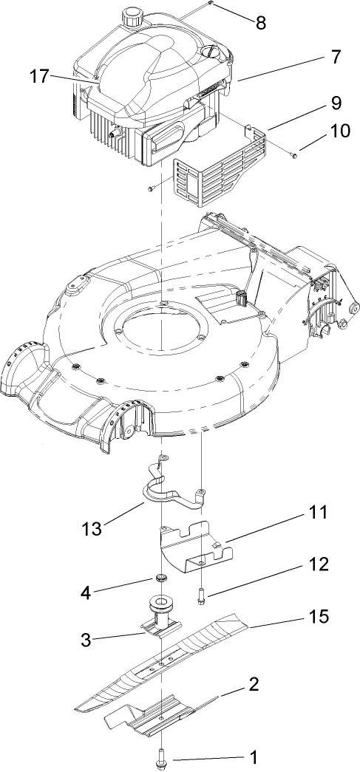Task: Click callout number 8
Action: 261,22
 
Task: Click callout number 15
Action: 319,615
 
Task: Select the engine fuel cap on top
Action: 134,13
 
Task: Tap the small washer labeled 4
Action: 160,578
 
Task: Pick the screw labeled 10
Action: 294,155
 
